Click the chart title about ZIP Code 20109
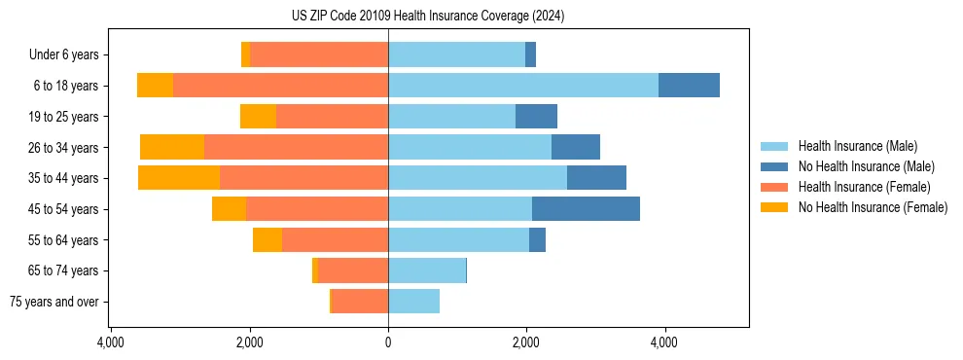(427, 17)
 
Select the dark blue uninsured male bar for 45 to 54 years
(586, 208)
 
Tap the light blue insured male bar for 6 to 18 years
(523, 86)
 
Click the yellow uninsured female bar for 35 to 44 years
(179, 178)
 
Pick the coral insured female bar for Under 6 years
(319, 54)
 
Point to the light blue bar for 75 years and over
(413, 302)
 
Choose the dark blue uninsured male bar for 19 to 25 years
(536, 117)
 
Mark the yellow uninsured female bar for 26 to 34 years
(172, 147)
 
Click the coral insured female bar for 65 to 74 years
(353, 270)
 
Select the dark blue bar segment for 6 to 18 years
(689, 86)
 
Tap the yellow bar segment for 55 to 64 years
(267, 239)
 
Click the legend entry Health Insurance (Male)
(857, 146)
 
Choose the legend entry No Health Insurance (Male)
(866, 166)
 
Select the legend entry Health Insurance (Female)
(864, 187)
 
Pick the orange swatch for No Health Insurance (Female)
(774, 207)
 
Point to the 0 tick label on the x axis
(388, 342)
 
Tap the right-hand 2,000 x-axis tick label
(526, 342)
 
